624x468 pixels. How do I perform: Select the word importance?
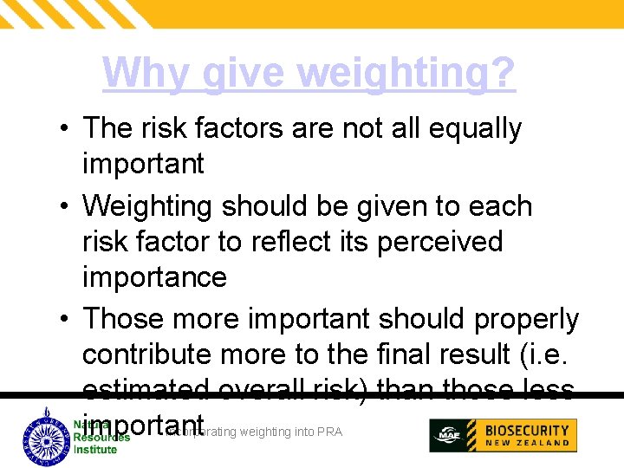pos(154,277)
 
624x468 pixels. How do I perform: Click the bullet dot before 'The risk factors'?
pos(65,129)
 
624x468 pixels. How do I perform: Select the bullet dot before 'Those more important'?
pos(65,320)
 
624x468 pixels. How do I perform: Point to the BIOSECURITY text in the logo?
pos(527,430)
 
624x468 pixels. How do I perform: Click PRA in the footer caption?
pos(330,432)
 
